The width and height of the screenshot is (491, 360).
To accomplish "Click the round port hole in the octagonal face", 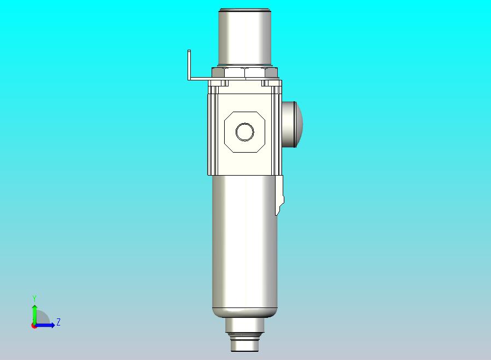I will point(244,132).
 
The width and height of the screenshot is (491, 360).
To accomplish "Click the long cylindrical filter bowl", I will point(243,241).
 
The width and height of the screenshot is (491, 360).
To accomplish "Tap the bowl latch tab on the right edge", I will point(279,196).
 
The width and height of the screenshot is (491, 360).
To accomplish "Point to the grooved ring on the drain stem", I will point(244,335).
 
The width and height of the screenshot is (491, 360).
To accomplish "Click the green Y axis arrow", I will point(34,312).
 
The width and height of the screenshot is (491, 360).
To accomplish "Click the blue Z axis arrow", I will point(46,326).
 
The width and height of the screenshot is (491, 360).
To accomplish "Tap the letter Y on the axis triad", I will point(34,298).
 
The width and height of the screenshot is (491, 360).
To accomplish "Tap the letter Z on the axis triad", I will point(59,322).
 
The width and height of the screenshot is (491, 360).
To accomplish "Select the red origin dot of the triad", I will point(34,326).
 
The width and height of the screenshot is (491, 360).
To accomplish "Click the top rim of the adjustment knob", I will point(244,10).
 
